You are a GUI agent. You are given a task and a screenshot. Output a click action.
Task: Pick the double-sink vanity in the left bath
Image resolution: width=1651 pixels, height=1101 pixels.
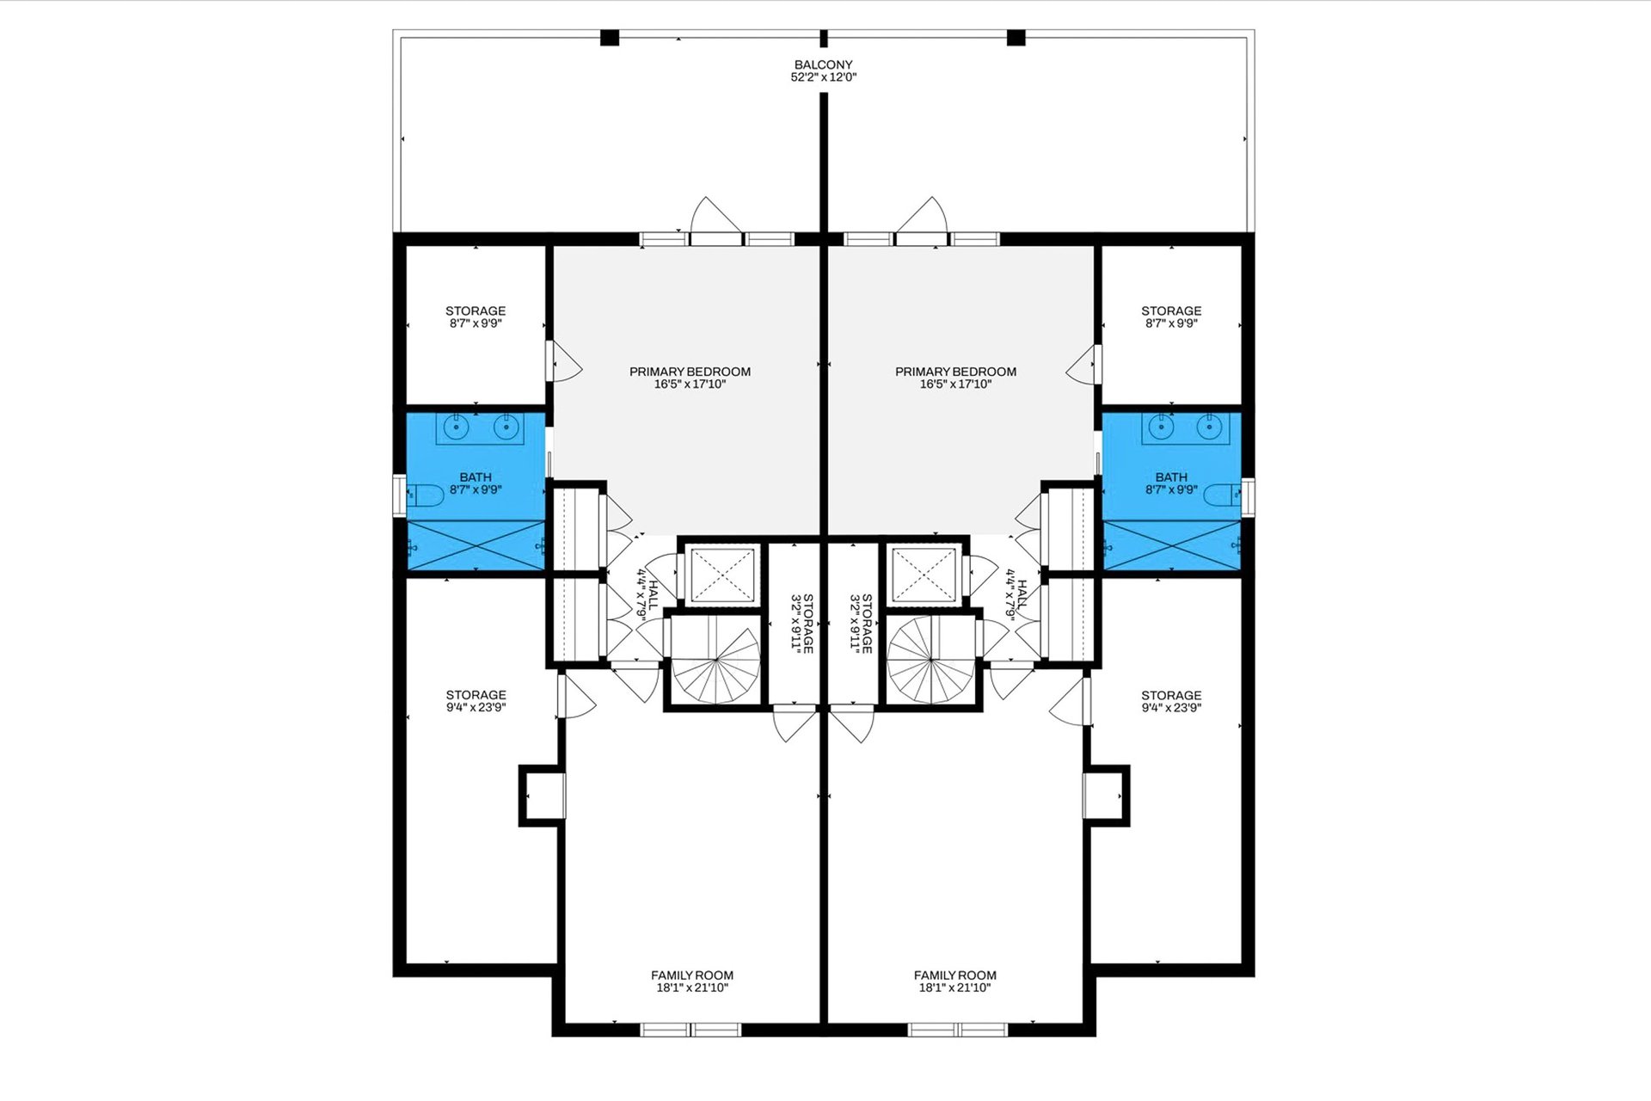click(480, 427)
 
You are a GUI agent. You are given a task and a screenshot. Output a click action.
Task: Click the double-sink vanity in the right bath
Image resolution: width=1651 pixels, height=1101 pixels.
click(1186, 427)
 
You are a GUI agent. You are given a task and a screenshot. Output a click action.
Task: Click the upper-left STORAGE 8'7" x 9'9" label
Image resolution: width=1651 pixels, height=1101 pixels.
click(476, 317)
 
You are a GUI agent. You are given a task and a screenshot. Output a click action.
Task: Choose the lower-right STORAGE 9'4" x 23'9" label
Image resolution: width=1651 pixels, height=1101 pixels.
click(1171, 702)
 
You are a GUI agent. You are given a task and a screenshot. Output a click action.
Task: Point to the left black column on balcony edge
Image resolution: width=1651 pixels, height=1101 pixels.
click(610, 38)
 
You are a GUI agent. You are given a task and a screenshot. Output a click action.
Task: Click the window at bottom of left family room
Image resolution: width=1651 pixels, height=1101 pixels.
click(691, 1030)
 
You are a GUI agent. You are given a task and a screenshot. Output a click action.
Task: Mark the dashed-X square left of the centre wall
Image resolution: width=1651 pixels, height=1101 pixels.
click(721, 573)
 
